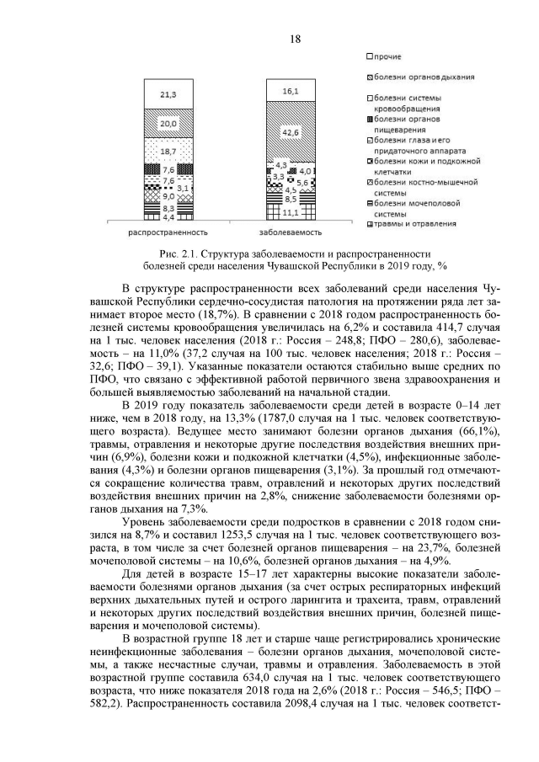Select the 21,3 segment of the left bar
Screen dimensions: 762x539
point(168,95)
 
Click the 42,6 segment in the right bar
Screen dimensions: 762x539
point(291,132)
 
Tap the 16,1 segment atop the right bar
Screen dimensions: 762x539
point(291,90)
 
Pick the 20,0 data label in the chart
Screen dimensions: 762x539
point(168,124)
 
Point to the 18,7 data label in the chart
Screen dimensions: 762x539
point(168,151)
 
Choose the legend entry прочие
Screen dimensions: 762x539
point(387,56)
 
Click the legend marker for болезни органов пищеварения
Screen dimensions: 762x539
point(371,119)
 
